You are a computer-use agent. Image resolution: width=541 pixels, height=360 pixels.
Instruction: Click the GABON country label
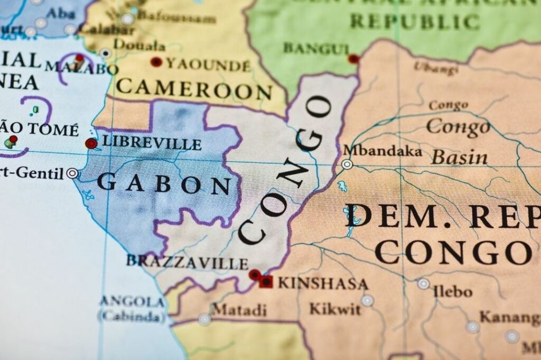click(x=164, y=184)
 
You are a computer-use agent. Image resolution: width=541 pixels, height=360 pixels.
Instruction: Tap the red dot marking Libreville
click(x=91, y=143)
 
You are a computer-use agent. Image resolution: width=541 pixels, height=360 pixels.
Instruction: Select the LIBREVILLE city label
click(x=152, y=143)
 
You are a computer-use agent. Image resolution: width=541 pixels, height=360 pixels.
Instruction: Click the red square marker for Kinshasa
click(x=266, y=282)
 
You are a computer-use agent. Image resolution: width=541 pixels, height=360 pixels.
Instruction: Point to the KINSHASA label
click(x=323, y=283)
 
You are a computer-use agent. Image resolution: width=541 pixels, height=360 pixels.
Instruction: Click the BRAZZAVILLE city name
click(x=187, y=262)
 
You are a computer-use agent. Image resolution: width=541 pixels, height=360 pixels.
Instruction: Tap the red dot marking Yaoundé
click(x=156, y=62)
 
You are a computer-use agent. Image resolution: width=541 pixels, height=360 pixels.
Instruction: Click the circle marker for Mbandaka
click(x=347, y=164)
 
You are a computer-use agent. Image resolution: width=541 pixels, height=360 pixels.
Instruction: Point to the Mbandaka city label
click(x=383, y=151)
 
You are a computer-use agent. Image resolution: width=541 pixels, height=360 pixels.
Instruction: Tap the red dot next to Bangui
click(x=353, y=59)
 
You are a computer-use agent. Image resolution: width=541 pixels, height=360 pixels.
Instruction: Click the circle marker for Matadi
click(x=204, y=319)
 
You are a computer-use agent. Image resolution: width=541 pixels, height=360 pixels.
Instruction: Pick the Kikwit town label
click(x=334, y=309)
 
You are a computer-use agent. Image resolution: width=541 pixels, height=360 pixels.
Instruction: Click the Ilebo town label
click(x=453, y=291)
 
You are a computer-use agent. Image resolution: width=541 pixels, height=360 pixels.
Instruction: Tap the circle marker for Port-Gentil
click(x=72, y=173)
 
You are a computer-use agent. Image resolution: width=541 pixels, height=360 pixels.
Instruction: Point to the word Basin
click(x=460, y=157)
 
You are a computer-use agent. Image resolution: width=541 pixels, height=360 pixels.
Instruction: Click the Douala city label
click(x=132, y=45)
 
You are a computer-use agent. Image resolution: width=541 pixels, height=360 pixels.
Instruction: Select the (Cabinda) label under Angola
click(x=132, y=317)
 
